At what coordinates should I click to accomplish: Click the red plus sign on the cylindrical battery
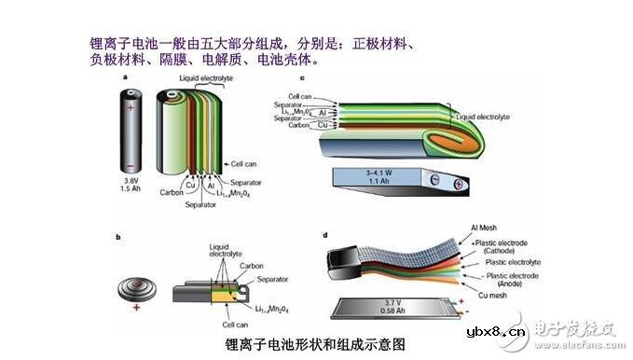131,107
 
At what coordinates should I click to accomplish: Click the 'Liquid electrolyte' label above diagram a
206,79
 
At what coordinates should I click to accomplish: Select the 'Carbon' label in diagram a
171,193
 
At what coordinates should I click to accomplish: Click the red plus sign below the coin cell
137,306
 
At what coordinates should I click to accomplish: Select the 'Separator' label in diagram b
272,279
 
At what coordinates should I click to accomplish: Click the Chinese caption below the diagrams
315,343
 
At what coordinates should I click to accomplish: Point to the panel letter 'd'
323,236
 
